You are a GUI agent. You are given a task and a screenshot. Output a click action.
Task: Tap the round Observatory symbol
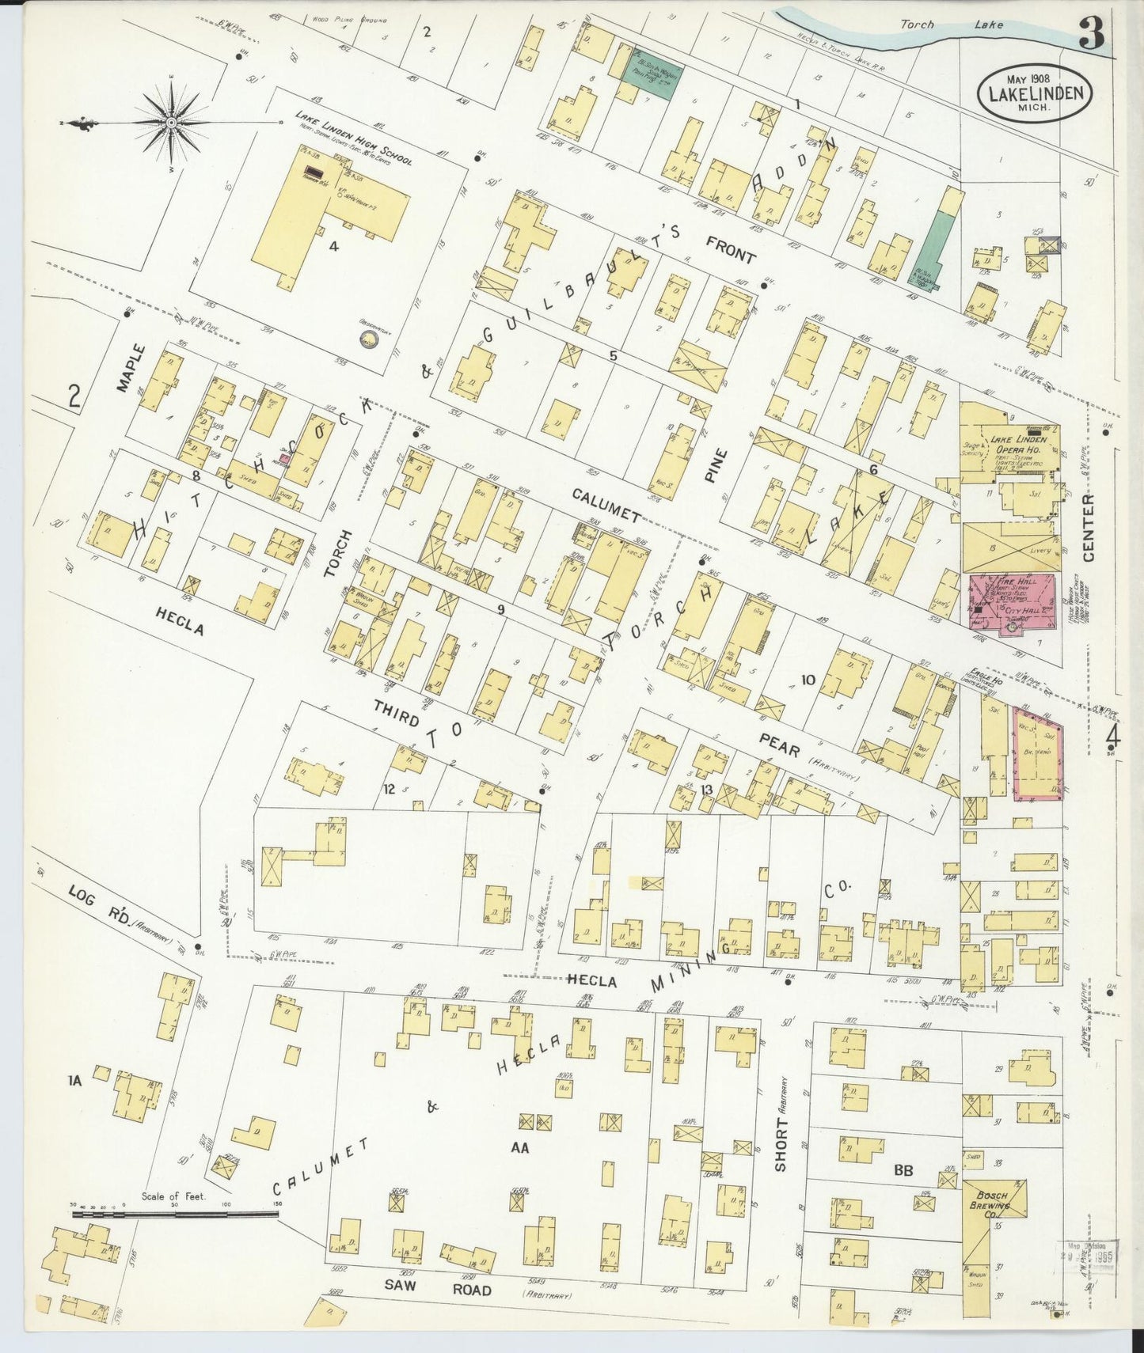pos(368,340)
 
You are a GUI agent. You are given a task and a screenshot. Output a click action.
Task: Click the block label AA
pos(519,1146)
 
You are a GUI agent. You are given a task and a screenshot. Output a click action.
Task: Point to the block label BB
pos(904,1169)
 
